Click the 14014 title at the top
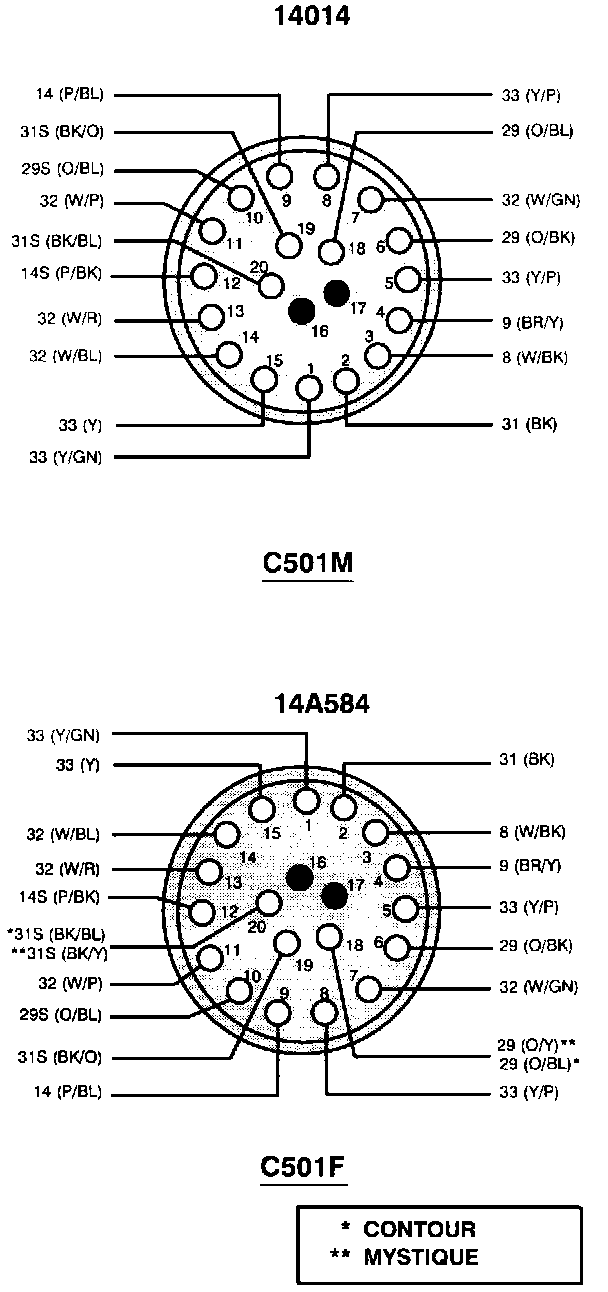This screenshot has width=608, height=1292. pos(311,16)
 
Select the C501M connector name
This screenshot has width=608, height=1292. pos(307,562)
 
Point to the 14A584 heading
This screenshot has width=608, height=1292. pos(321,703)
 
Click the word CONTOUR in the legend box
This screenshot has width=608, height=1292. pos(419,1229)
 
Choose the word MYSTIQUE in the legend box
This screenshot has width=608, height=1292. pos(421,1257)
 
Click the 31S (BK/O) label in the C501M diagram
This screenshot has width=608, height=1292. pos(62,132)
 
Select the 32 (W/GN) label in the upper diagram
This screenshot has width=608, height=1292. pos(541,200)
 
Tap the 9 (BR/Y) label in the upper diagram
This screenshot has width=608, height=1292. pos(532,322)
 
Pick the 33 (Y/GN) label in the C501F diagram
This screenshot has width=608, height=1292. pos(63,735)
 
